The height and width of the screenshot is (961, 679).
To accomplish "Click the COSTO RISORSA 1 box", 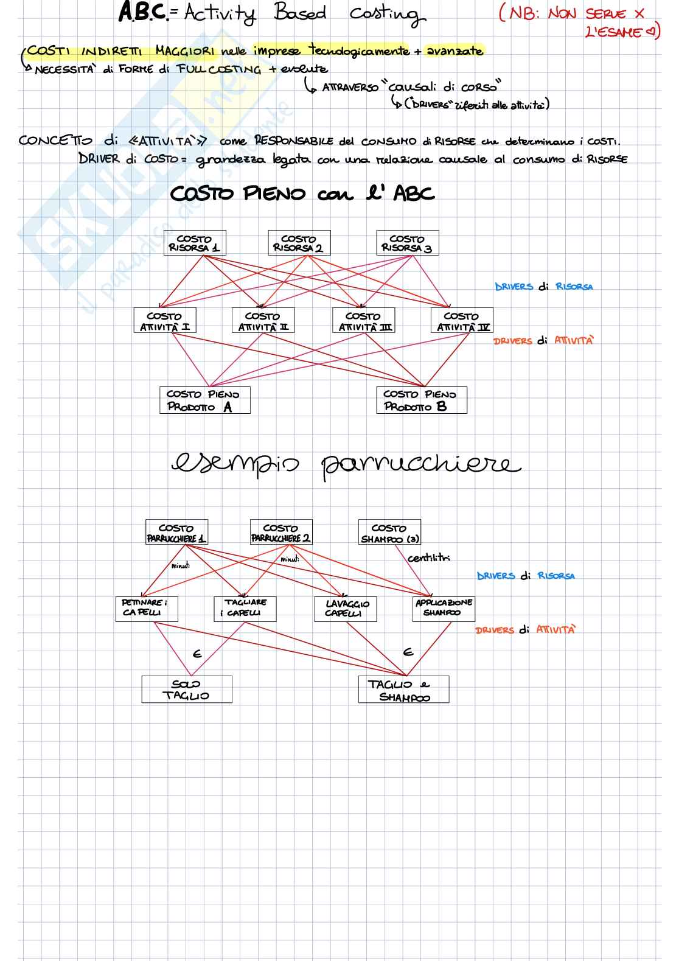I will coord(195,243).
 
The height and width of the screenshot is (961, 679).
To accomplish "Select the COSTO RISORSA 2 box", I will coord(299,243).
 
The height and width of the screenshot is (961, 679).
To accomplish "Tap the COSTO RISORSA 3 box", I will coord(407,243).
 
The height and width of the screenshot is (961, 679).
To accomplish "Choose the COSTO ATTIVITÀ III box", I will coord(363,321).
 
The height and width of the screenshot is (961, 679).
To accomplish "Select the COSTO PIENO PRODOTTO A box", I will coord(204,400).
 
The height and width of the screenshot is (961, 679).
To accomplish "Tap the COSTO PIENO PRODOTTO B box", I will coord(421,400).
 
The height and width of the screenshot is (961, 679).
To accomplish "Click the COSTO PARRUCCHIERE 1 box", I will coord(176,533).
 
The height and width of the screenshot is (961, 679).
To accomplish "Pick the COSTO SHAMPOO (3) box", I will coord(389,533).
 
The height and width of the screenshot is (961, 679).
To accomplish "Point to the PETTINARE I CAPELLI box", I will coord(146,608).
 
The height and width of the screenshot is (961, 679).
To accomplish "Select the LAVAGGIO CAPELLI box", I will coord(346,608).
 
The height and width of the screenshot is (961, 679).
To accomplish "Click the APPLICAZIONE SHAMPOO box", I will coord(444,607).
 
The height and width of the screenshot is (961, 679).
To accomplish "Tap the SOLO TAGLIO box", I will coord(186,690).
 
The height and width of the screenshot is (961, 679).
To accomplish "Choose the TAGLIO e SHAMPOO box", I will coord(403,690).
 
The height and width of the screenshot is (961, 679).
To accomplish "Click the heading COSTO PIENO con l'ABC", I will coord(302,194).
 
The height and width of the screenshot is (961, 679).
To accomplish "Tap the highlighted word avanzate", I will coord(454,51).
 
